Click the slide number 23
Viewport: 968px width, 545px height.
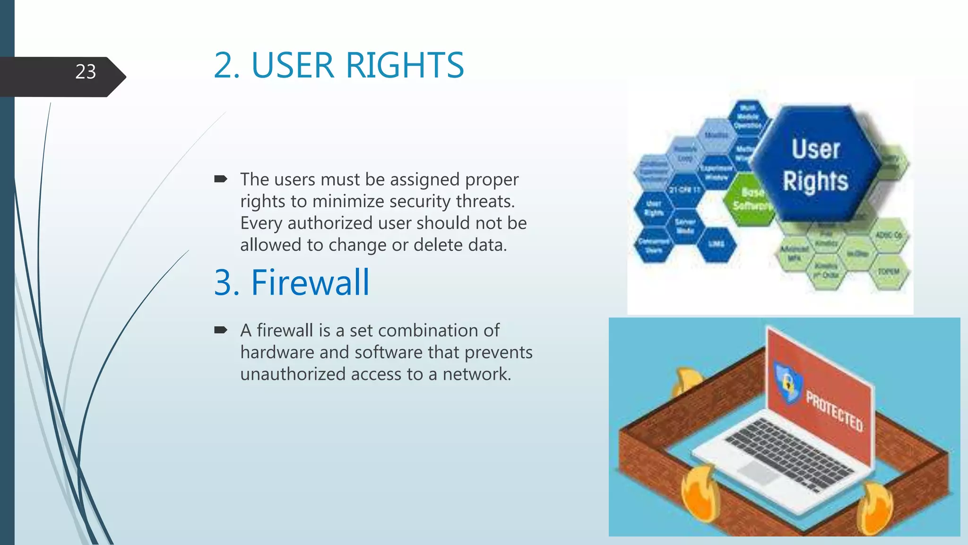click(x=86, y=72)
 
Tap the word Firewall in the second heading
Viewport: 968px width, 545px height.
click(x=310, y=283)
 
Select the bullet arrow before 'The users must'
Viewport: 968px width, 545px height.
click(x=221, y=179)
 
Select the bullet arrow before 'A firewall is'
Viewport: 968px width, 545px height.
click(x=221, y=330)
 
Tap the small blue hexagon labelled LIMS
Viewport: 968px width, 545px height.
click(x=716, y=244)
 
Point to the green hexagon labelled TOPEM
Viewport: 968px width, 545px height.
click(x=888, y=272)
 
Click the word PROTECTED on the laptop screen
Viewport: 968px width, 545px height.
click(x=835, y=411)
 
